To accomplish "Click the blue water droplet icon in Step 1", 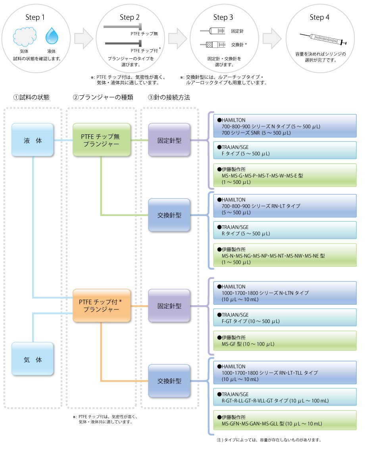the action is pyautogui.click(x=52, y=36).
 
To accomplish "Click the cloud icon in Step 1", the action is pyautogui.click(x=25, y=37).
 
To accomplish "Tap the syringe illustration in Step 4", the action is pyautogui.click(x=323, y=39).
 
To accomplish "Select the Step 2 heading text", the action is pyautogui.click(x=130, y=17).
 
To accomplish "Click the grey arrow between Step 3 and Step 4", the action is pyautogui.click(x=272, y=39).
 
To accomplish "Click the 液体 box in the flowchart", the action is pyautogui.click(x=33, y=140).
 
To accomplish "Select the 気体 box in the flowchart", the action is pyautogui.click(x=33, y=360).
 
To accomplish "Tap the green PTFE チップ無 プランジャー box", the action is pyautogui.click(x=102, y=140).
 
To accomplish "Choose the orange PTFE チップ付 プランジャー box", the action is pyautogui.click(x=102, y=306).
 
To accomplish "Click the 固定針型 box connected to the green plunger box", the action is pyautogui.click(x=169, y=140).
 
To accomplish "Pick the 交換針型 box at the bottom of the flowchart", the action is pyautogui.click(x=169, y=381).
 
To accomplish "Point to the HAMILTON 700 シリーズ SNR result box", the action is pyautogui.click(x=285, y=126).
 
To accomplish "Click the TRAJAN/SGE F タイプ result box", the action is pyautogui.click(x=285, y=150).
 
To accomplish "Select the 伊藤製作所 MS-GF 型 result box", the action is pyautogui.click(x=285, y=341).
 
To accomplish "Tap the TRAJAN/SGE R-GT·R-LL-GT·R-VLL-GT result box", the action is pyautogui.click(x=285, y=397).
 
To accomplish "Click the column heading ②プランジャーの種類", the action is pyautogui.click(x=103, y=97).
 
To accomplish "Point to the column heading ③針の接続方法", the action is pyautogui.click(x=169, y=97).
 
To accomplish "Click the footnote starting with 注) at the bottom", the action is pyautogui.click(x=269, y=440).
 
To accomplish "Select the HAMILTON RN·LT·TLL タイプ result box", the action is pyautogui.click(x=285, y=373).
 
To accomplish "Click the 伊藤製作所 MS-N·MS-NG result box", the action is pyautogui.click(x=285, y=255).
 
